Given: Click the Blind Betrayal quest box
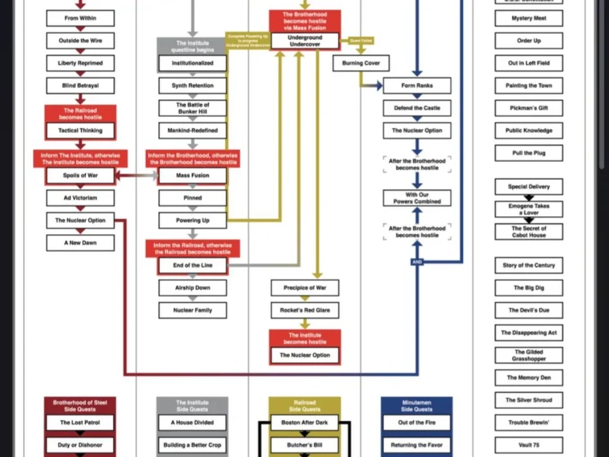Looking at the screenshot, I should coord(80,86).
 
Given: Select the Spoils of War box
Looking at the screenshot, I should coord(80,176).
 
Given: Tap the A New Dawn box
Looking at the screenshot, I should coord(80,243).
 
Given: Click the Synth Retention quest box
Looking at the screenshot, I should coord(192,86).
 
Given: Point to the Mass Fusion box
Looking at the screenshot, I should coord(192,176).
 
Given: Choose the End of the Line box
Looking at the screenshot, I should coord(192,265).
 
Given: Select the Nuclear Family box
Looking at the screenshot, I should coord(192,310).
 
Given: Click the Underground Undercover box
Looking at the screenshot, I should coord(304,41).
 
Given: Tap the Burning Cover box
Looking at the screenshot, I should coord(361,63).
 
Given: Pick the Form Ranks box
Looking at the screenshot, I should coord(417,86).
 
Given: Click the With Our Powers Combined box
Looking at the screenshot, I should coord(417,198).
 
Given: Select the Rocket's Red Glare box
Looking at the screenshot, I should coord(304,310).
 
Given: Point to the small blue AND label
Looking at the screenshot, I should coord(417,262).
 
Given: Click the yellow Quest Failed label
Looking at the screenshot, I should coord(360,41).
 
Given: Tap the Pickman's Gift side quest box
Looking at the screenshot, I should coord(529,108).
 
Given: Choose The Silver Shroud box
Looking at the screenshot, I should coord(529,400).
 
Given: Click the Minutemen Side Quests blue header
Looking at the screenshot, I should coord(417,405).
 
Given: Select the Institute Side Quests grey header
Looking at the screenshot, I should coord(192,405).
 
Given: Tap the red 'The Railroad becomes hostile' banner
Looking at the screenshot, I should coord(80,114).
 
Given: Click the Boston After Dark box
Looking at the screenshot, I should coord(304,422).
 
